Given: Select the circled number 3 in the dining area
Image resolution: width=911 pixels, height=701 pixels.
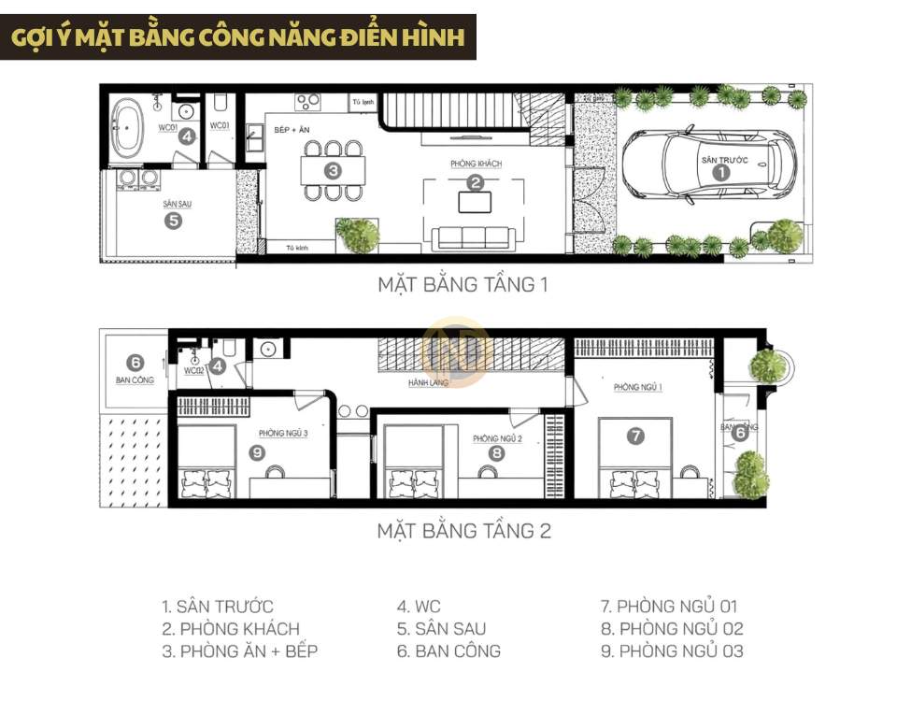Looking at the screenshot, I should pos(333,170).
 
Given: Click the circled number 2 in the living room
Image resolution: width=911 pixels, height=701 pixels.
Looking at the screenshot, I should pos(476,183).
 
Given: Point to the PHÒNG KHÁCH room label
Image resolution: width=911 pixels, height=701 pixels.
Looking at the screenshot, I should pos(476,164).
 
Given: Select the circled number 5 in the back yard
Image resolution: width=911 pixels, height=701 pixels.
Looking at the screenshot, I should pos(173,222).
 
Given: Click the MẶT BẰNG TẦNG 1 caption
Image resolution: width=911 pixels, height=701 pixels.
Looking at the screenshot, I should pos(462,284).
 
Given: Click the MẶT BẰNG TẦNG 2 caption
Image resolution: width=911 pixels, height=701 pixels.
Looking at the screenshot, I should pos(463,531).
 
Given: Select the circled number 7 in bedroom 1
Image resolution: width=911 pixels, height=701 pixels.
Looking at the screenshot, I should pos(635,435).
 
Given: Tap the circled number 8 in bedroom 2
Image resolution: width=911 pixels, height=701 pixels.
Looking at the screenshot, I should pos(497,454).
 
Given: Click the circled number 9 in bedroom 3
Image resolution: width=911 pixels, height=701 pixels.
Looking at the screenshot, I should pos(258,452).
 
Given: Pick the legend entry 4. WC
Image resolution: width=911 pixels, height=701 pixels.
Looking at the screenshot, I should pos(417,607).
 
